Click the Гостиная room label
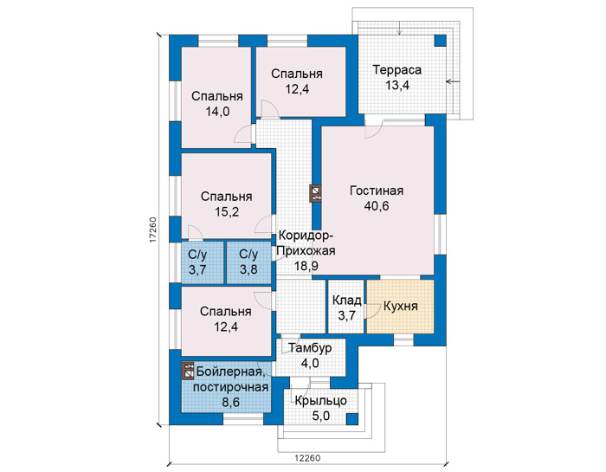point(377,191)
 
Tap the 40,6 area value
point(377,206)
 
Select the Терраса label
point(396,70)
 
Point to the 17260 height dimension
point(152,230)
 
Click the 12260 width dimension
point(307,458)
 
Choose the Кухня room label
point(400,307)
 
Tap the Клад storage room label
point(346,300)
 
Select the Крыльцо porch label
point(321,401)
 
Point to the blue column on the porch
point(351,419)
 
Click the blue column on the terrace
point(440,41)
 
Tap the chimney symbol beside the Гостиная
point(317,193)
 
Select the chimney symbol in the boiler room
point(188,371)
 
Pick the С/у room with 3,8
point(248,262)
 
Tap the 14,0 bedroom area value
point(217,112)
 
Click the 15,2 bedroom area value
point(227,212)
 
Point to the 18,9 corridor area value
point(306,266)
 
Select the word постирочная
point(230,387)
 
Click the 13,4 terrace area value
point(396,86)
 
